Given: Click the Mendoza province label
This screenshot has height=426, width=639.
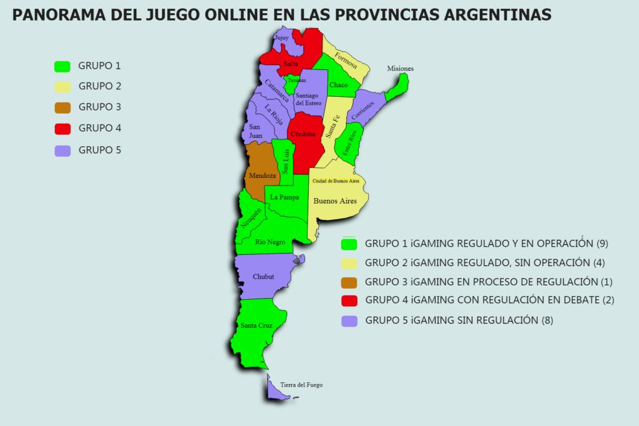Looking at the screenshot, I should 262,176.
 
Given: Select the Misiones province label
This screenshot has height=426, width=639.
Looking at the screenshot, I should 400,69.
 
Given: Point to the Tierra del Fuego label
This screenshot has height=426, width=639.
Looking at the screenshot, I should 301,385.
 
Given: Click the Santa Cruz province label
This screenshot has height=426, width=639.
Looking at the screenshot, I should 255,325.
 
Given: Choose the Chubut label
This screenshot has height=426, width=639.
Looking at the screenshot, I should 263,277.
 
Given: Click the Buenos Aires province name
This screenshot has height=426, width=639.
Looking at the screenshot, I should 334,201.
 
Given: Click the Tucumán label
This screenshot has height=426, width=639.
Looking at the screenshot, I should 296,81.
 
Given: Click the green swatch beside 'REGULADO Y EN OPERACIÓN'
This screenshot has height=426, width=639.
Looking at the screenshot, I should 349,243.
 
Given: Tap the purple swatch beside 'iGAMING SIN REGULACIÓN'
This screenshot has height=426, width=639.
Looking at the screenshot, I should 349,320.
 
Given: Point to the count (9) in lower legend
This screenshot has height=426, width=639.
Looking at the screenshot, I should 602,243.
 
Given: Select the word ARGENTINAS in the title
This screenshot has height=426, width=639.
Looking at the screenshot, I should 497,14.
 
